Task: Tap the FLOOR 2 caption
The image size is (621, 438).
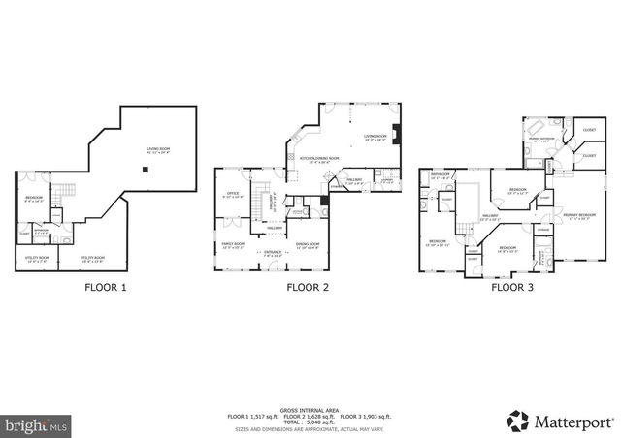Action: pos(308,288)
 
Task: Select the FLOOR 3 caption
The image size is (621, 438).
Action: pos(512,288)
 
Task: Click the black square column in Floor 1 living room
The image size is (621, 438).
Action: pos(145,170)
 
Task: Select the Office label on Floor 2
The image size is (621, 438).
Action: pos(233,195)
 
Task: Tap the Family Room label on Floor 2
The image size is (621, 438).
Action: pos(233,243)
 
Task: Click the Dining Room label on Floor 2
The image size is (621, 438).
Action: pos(308,243)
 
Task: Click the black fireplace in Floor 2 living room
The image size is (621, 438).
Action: pos(395,137)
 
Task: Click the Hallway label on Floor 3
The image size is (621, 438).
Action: pos(490,216)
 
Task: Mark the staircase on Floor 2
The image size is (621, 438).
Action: pos(259,203)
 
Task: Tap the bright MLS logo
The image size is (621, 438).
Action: pos(36,424)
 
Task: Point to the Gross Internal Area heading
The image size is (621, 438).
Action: pos(310,408)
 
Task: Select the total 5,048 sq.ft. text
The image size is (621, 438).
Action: pos(310,422)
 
